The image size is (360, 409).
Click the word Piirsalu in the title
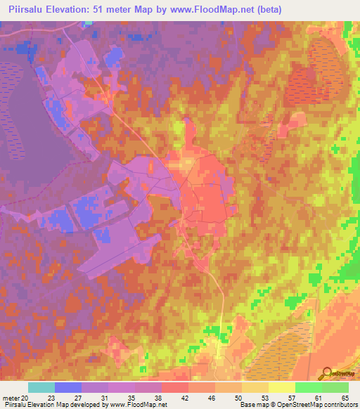click(x=27, y=10)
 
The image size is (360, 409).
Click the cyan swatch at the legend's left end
click(x=41, y=387)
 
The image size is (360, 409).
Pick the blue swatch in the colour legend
click(x=68, y=387)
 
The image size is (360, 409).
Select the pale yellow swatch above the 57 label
click(x=282, y=387)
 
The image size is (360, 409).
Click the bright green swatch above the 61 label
click(x=309, y=387)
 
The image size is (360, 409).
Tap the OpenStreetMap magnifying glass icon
click(x=327, y=372)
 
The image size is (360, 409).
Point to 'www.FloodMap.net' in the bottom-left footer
click(x=139, y=405)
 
